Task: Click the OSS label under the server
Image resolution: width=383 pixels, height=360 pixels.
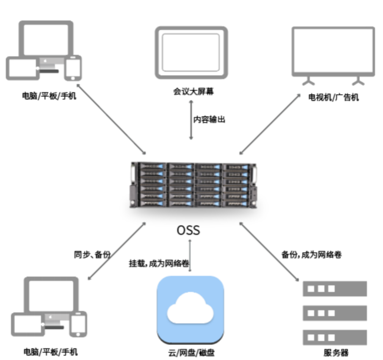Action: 188,230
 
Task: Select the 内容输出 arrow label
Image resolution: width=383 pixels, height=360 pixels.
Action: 209,120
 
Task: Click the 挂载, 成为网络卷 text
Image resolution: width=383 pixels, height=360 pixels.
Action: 160,263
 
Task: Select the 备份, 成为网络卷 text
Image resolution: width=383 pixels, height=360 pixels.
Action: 311,255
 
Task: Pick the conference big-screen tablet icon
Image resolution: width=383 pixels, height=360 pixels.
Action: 191,52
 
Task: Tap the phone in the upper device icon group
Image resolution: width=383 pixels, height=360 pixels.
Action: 73,68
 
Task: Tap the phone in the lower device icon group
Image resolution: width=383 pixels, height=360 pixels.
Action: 78,323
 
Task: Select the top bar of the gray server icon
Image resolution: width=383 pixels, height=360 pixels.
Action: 335,289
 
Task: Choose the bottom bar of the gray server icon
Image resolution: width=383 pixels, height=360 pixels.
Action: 335,337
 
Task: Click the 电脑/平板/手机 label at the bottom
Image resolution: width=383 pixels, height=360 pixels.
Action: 50,352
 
